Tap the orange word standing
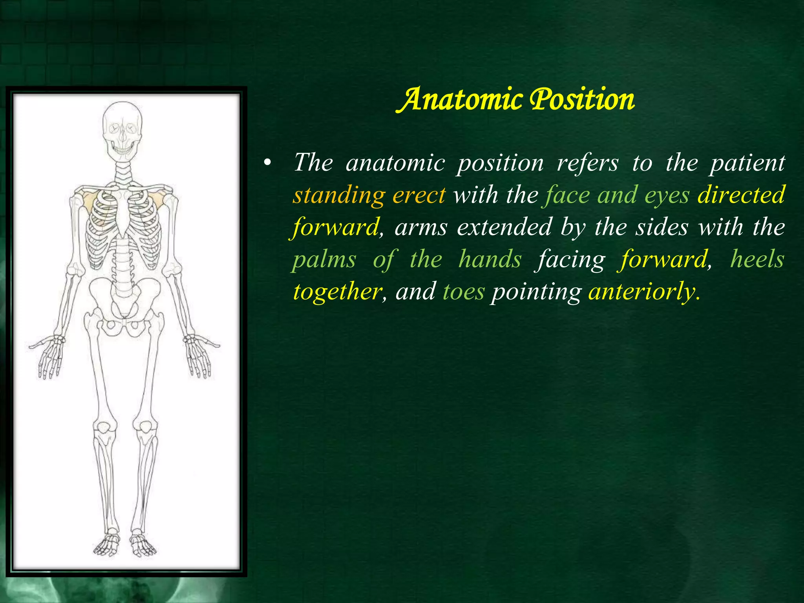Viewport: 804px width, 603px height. click(x=339, y=195)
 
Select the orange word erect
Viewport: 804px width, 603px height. click(x=419, y=195)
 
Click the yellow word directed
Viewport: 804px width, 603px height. click(x=741, y=195)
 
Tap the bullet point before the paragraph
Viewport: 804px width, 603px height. click(x=267, y=163)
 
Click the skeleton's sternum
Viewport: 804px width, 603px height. click(x=123, y=212)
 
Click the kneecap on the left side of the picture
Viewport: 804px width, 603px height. click(x=103, y=427)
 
